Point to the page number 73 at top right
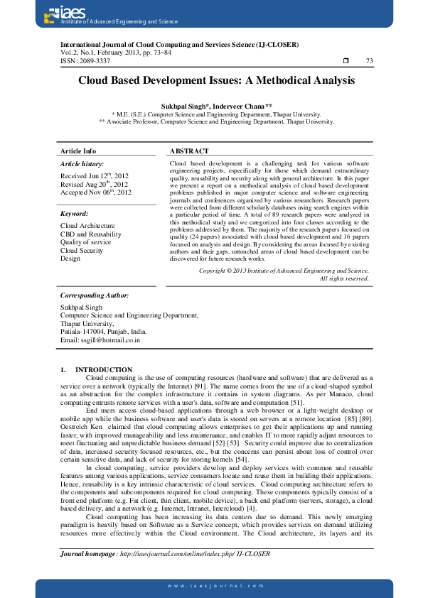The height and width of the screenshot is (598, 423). click(x=368, y=61)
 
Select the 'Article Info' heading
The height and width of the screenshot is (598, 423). click(x=78, y=151)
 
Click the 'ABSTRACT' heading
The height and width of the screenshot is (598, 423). click(x=190, y=151)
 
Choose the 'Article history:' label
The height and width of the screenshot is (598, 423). click(x=83, y=164)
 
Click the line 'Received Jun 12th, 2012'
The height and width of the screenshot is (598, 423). click(x=95, y=175)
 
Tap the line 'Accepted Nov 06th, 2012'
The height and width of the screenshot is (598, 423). click(x=96, y=192)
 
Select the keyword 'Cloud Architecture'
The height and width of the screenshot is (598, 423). click(x=87, y=226)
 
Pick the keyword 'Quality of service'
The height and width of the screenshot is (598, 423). click(x=86, y=242)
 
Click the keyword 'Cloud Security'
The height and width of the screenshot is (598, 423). click(x=83, y=250)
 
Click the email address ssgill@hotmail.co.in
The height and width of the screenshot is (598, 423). click(x=100, y=340)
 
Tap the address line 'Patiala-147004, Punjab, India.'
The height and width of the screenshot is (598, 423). click(x=104, y=331)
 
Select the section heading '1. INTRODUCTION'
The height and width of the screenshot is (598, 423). click(x=96, y=370)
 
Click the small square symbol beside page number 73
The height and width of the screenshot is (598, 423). click(x=346, y=61)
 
